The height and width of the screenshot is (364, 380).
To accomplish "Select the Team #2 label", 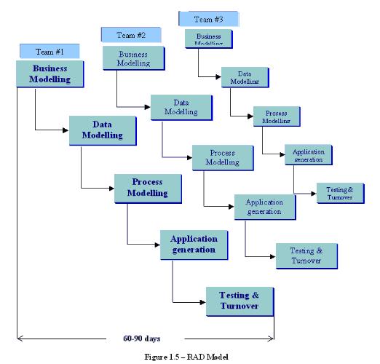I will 132,34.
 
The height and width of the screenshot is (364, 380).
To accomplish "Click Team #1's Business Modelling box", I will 50,74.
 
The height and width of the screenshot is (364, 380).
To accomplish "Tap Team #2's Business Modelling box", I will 133,59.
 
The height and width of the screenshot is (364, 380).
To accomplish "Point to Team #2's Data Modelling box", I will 181,107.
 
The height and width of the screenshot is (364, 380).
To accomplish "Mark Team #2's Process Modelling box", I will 221,158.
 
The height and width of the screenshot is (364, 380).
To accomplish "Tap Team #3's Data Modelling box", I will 244,76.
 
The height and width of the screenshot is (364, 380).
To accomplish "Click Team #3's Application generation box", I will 307,154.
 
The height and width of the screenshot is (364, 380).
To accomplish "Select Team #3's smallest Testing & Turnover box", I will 336,193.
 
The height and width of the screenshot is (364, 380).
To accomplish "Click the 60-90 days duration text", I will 143,337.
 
